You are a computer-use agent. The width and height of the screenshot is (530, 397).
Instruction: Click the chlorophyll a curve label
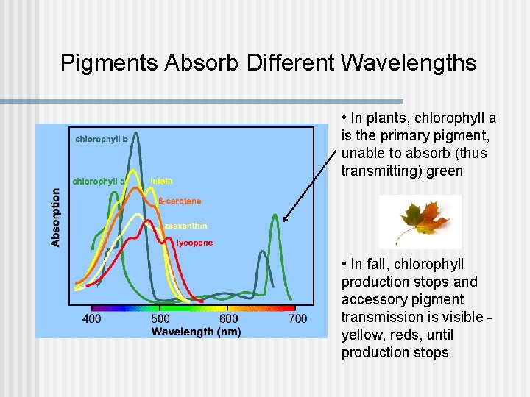99,181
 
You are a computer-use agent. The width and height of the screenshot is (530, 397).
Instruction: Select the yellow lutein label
161,181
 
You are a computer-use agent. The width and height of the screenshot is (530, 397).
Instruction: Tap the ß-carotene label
180,201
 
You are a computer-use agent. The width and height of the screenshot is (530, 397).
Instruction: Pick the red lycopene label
194,243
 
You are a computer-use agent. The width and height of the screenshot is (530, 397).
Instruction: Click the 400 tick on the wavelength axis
91,318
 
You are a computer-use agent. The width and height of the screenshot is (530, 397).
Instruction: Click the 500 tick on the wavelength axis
160,318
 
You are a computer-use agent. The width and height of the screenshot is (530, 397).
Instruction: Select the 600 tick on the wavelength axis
228,318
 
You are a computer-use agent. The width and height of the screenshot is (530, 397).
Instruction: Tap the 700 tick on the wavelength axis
297,318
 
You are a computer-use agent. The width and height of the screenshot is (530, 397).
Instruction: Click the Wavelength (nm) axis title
196,331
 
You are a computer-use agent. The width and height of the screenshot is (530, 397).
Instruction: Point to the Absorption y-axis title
56,217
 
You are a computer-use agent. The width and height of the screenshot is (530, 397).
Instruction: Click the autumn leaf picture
420,221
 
